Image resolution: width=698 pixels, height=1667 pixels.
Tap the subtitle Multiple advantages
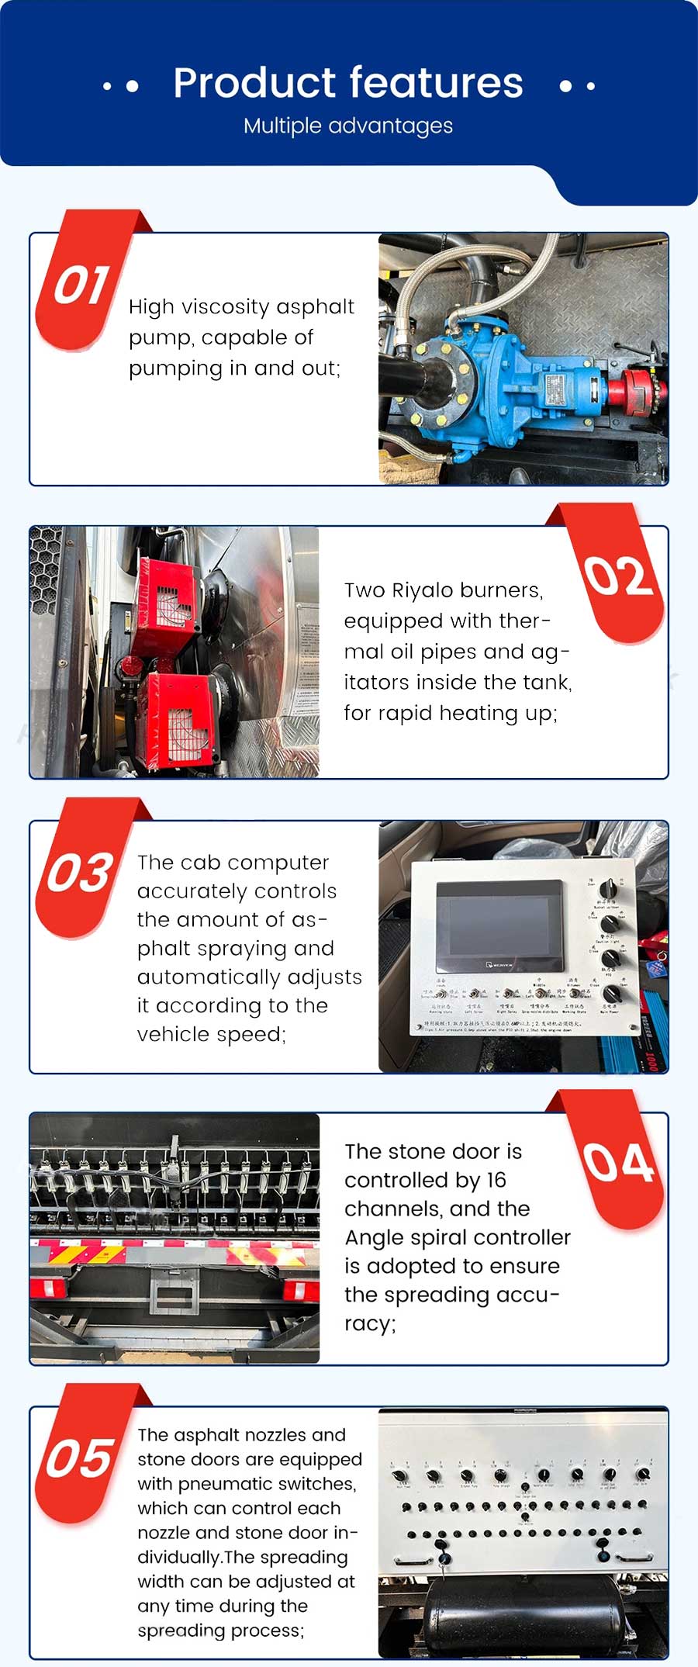[x=348, y=126]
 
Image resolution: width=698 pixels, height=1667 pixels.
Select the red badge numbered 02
[x=618, y=576]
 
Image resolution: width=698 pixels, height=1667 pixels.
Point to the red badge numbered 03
[x=80, y=872]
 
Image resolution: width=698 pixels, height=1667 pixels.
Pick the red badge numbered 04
[x=618, y=1163]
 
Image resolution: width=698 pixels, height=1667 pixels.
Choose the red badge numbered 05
[x=80, y=1458]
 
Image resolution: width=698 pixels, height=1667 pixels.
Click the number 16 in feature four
[x=496, y=1180]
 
